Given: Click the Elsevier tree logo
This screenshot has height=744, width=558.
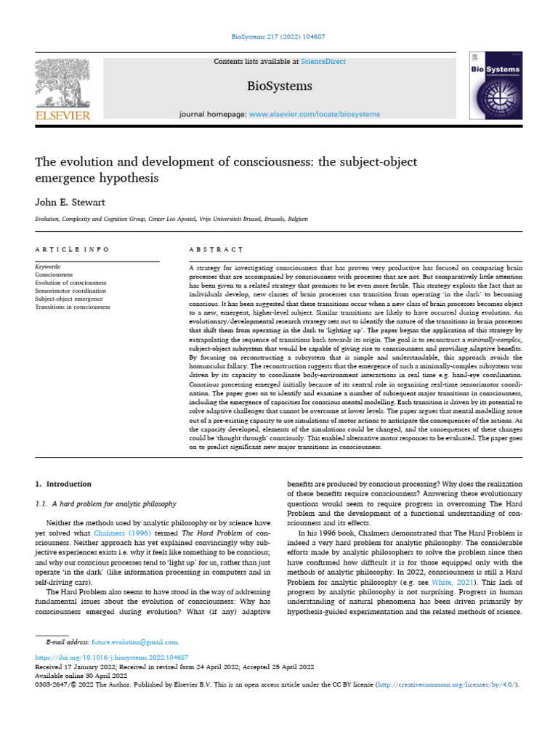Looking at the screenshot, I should [64, 82].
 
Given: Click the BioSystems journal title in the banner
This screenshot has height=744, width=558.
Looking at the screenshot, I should [279, 86].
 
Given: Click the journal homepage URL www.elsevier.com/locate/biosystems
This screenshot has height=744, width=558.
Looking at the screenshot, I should [315, 114].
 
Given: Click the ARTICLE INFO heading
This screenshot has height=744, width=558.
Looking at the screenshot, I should [72, 249].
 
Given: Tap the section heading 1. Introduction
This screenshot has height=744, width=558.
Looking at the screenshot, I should [64, 483].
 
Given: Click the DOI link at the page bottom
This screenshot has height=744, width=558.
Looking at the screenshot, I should [102, 657].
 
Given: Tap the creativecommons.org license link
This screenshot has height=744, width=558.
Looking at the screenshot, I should [446, 684].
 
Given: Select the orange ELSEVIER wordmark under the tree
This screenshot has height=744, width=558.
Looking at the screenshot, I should [63, 115].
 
